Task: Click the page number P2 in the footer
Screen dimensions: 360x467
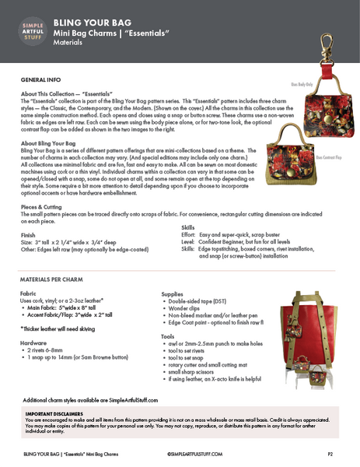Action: click(x=330, y=452)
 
